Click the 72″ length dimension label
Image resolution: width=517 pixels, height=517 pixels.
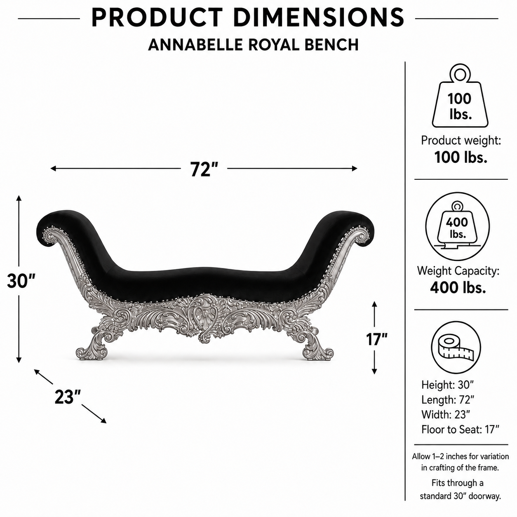pyautogui.click(x=204, y=169)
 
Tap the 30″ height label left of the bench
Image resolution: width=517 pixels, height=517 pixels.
pyautogui.click(x=21, y=281)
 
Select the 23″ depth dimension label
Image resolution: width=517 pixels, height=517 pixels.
pyautogui.click(x=68, y=397)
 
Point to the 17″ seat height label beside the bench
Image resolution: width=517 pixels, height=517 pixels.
pyautogui.click(x=377, y=339)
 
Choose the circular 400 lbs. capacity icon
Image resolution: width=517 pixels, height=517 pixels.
pyautogui.click(x=458, y=226)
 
